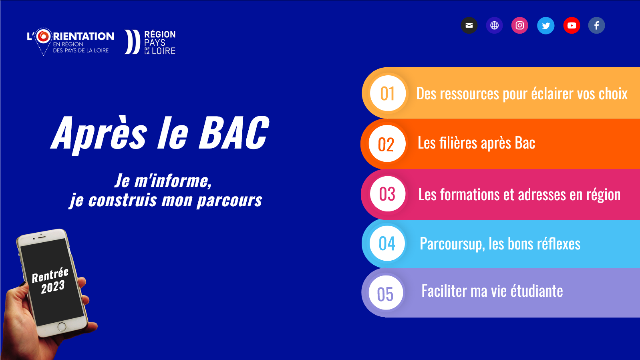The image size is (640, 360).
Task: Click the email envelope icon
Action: (x=469, y=26)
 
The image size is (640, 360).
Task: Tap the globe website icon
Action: (x=494, y=26)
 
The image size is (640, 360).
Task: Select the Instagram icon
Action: (x=520, y=26)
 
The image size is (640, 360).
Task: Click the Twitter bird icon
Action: (x=546, y=26)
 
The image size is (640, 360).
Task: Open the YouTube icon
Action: (x=572, y=26)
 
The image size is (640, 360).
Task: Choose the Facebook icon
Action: (x=597, y=26)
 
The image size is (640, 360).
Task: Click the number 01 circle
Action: (x=388, y=93)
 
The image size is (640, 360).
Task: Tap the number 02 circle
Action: (x=387, y=144)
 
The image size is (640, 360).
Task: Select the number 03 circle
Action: (x=387, y=194)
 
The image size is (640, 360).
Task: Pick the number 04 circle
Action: (x=387, y=243)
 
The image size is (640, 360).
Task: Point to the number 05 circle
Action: (x=386, y=293)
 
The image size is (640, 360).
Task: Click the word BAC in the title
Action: (x=234, y=133)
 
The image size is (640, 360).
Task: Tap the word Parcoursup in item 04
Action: (x=452, y=244)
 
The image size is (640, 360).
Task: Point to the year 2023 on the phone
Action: (x=53, y=287)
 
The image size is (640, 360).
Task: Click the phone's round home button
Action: (x=62, y=327)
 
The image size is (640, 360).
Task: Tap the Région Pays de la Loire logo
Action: (x=150, y=42)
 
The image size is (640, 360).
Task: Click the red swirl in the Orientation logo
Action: (x=44, y=36)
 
